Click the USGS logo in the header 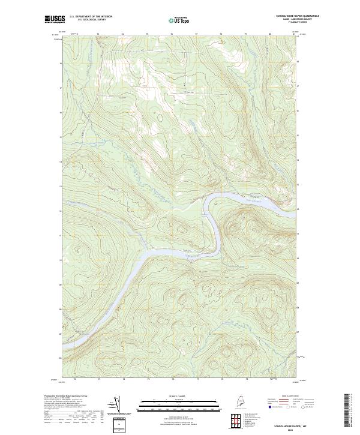(53, 20)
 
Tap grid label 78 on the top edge (221, 34)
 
